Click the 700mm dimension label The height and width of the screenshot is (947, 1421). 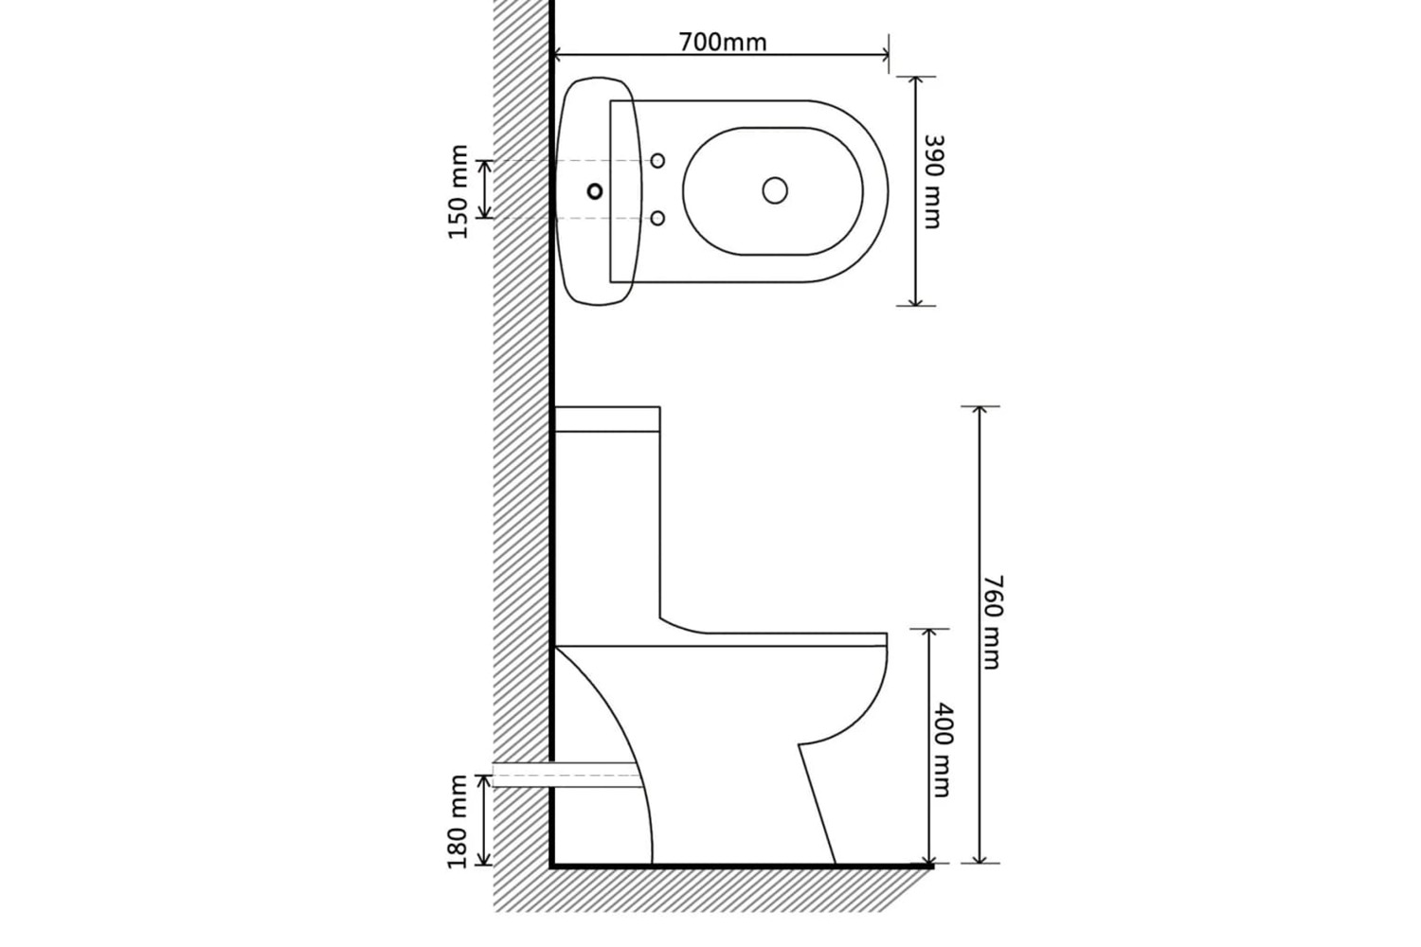723,43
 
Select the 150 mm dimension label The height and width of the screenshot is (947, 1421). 458,191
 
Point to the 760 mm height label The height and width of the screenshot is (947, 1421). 992,621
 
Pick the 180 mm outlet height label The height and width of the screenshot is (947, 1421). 458,821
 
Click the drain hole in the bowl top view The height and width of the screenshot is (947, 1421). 775,190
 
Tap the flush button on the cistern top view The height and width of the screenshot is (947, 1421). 595,191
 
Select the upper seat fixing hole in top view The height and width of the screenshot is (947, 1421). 657,161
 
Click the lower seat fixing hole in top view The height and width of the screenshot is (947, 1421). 657,218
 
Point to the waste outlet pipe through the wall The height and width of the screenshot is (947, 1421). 567,775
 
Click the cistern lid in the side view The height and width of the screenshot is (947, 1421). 608,419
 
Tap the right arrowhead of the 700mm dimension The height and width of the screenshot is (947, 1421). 883,56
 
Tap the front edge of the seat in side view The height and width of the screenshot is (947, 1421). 886,639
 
